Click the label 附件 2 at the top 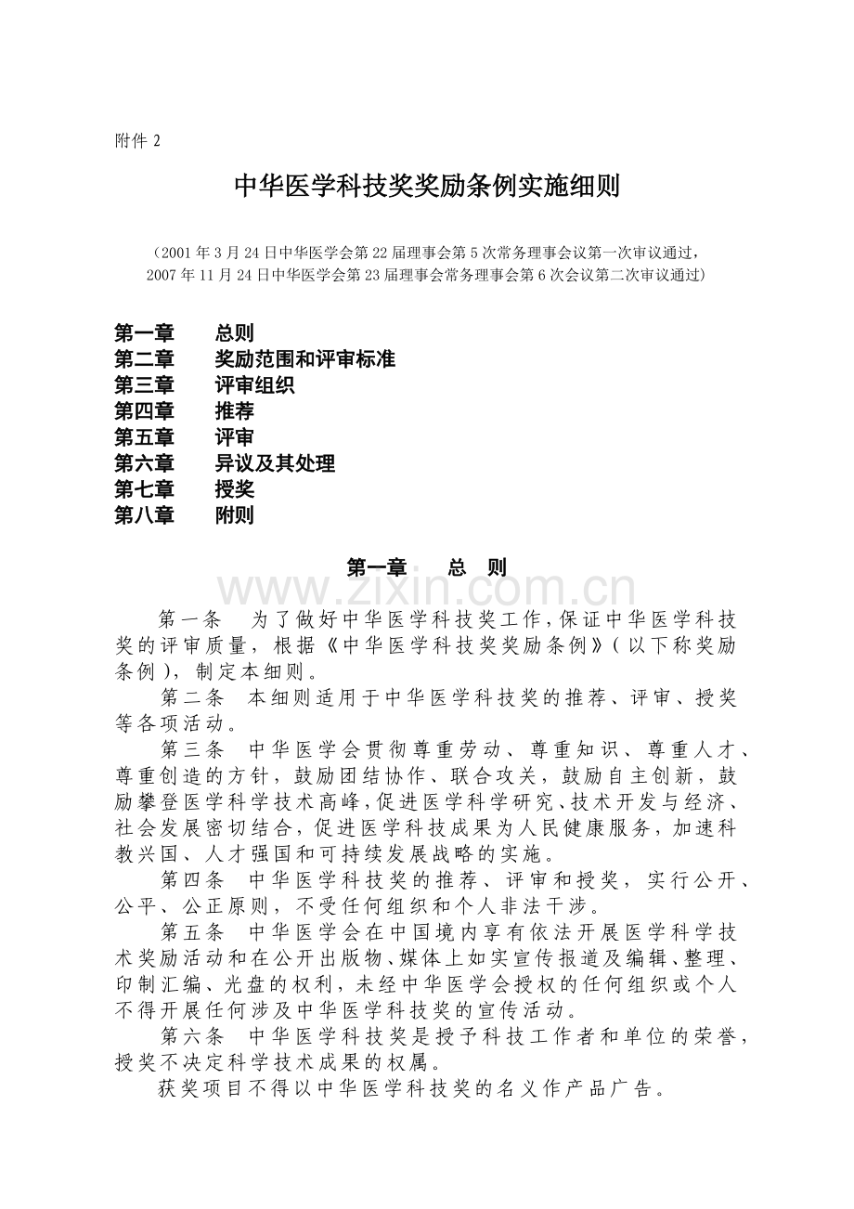click(x=138, y=141)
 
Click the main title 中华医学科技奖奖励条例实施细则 click(x=426, y=188)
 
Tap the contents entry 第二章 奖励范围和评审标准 click(x=254, y=359)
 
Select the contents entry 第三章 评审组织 click(x=204, y=385)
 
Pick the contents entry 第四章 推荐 click(x=184, y=411)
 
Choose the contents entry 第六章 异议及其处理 click(x=224, y=463)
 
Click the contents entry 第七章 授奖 click(x=184, y=489)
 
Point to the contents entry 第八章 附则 click(x=184, y=515)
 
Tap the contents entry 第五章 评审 click(x=184, y=437)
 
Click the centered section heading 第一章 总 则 click(x=426, y=568)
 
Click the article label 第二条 click(x=191, y=698)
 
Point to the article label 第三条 click(x=191, y=749)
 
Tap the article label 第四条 click(x=191, y=879)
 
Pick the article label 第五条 click(x=191, y=931)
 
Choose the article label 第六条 click(x=191, y=1035)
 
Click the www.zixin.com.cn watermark click(x=426, y=591)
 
